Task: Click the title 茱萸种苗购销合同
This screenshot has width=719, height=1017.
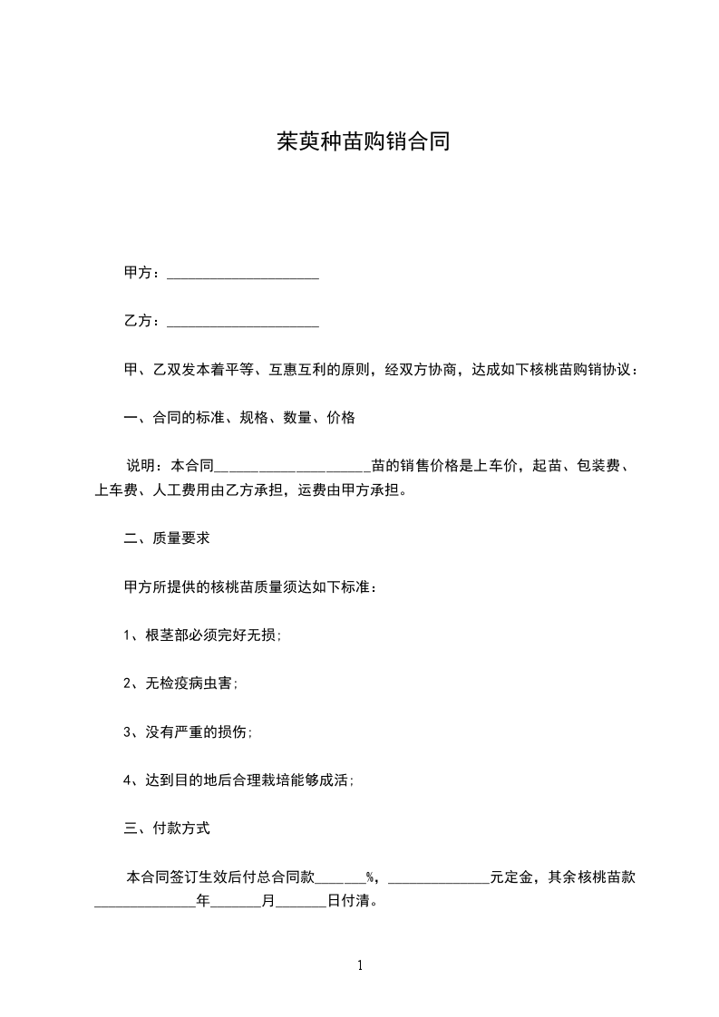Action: coord(363,143)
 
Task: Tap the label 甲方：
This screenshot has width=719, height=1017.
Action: coord(144,273)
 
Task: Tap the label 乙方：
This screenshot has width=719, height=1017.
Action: coord(144,321)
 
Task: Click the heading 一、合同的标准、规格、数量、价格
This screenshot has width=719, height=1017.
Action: coord(239,418)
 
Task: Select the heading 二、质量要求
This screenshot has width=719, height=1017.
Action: coord(167,538)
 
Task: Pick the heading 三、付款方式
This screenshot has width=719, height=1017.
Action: coord(167,828)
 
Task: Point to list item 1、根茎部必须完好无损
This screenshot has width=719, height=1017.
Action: coord(202,634)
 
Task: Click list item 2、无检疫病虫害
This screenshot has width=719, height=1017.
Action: coord(180,683)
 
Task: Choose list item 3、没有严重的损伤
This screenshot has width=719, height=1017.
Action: coord(188,731)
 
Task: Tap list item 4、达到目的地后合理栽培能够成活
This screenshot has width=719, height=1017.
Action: coord(238,780)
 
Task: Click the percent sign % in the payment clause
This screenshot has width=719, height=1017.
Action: coord(371,877)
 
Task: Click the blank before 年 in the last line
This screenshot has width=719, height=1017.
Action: coord(145,904)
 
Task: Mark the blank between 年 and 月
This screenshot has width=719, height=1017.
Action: coord(236,904)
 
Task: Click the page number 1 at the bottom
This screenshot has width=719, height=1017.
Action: coord(360,965)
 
